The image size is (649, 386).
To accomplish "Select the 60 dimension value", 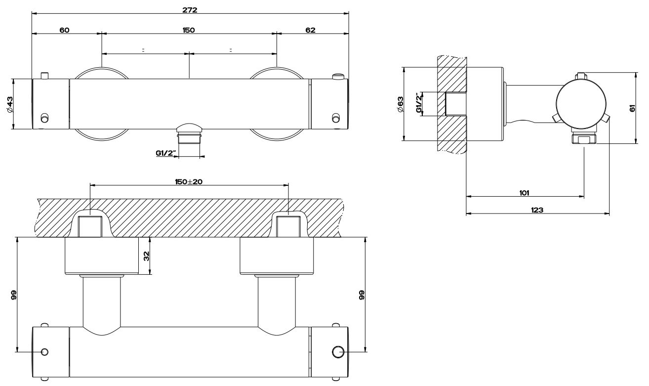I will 64,30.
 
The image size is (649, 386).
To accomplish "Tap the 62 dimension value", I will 310,30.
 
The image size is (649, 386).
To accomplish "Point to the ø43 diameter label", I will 10,105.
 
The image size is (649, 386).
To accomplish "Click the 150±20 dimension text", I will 189,181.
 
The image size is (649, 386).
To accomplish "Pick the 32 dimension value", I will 147,256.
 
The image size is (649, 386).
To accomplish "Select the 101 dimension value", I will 525,192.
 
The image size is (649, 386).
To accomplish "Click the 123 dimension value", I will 537,210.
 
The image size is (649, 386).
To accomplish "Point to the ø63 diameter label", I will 401,105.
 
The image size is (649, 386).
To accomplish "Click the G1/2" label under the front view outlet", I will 165,153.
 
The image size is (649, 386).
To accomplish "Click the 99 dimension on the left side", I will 14,295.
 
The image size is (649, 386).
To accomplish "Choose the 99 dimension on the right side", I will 361,295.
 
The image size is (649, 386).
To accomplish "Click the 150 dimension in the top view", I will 188,30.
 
